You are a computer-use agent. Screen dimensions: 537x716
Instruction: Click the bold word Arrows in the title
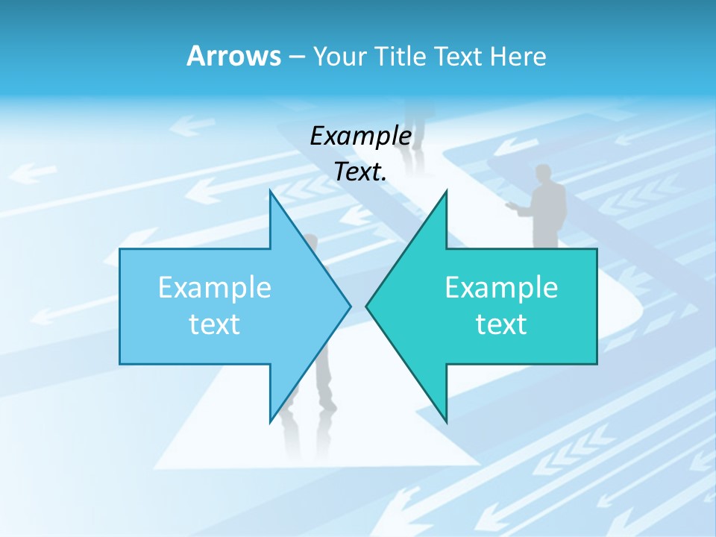tap(233, 56)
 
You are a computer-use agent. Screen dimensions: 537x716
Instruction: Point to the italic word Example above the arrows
tap(361, 136)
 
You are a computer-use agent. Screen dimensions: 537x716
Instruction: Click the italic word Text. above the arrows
tap(361, 172)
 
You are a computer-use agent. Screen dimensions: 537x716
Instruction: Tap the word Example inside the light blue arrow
tap(215, 287)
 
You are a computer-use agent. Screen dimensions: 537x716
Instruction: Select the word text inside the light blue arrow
tap(215, 324)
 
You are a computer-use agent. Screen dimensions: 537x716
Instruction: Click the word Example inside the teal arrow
tap(501, 287)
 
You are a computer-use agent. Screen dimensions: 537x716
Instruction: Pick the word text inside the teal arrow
tap(501, 324)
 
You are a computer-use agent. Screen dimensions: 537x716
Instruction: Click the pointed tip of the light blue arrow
tap(349, 306)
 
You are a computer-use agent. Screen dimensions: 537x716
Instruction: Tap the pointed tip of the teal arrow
tap(367, 306)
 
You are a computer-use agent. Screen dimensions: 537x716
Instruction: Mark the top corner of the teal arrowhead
tap(446, 192)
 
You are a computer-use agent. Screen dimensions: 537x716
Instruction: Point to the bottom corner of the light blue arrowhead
tap(271, 421)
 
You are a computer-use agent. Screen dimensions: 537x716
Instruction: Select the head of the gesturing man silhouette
tap(544, 173)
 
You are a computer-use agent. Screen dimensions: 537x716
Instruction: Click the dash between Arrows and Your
tap(296, 57)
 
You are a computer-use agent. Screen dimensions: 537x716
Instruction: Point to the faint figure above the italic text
tap(420, 119)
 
